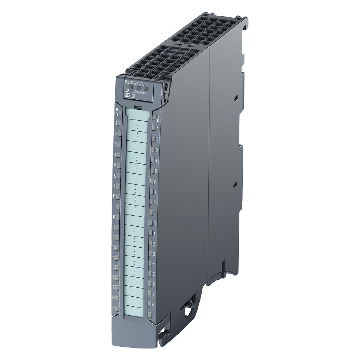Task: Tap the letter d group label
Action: coord(154,316)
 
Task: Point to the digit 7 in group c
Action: coord(156,192)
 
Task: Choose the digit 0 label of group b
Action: coord(114,217)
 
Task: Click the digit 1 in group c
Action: coord(157,128)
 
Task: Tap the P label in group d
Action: coord(154,304)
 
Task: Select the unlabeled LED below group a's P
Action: coord(118,206)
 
